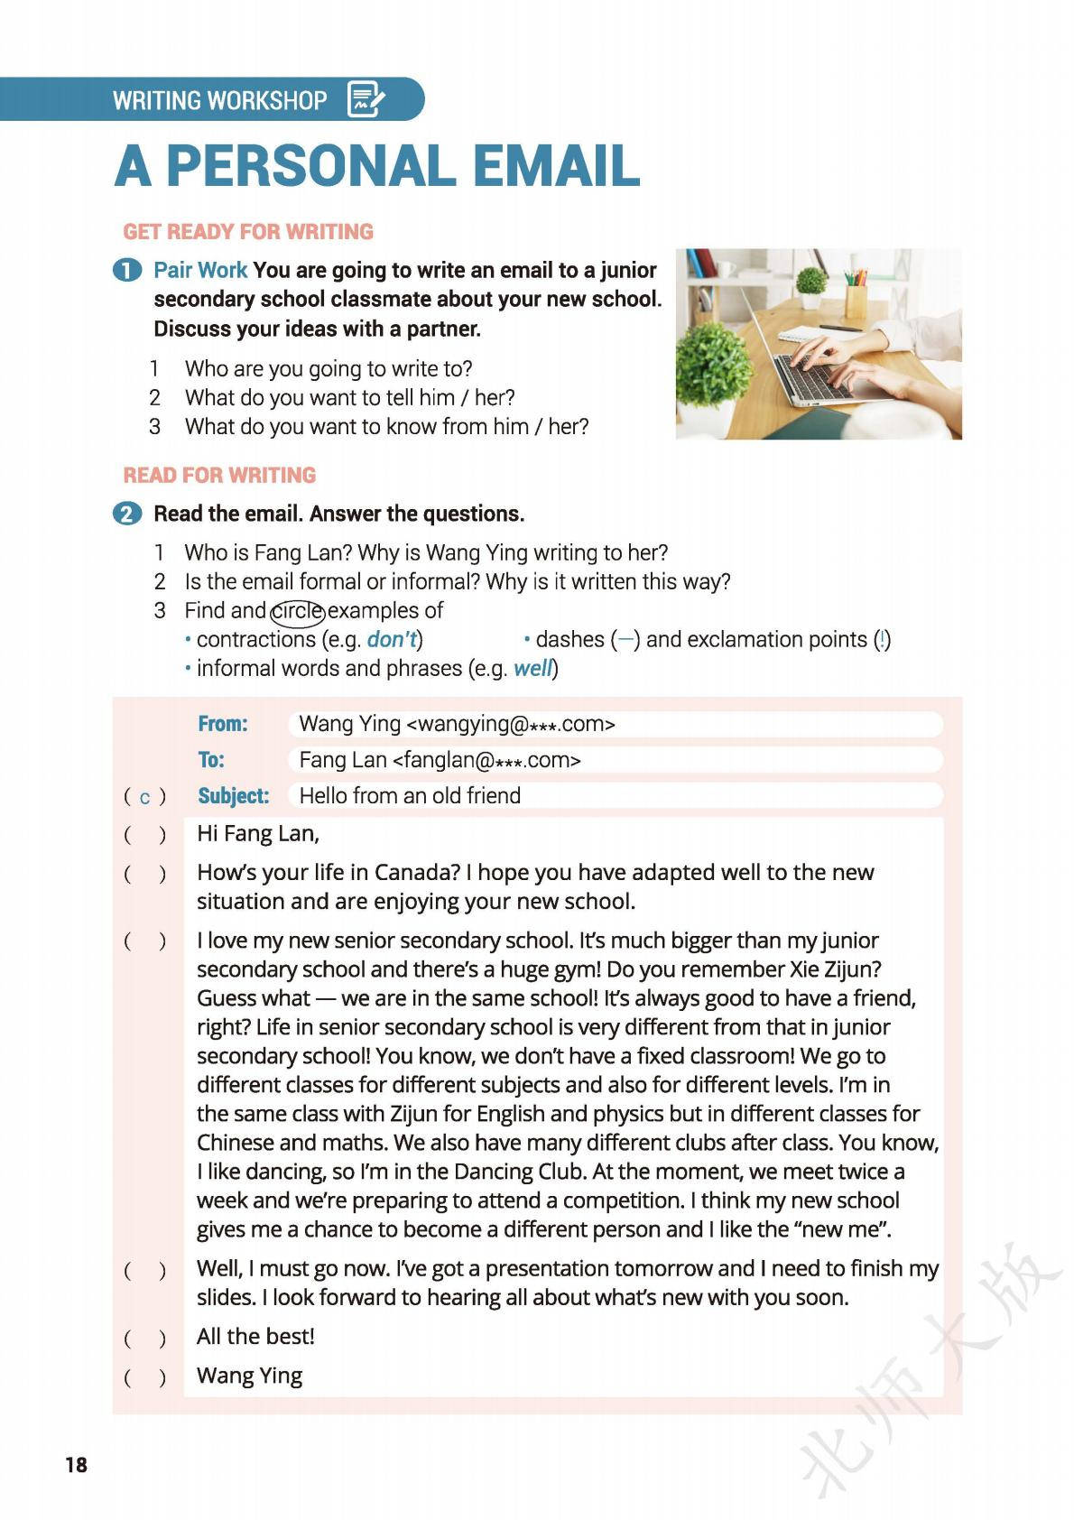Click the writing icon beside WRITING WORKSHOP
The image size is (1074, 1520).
[366, 99]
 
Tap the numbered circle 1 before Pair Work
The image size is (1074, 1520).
[127, 271]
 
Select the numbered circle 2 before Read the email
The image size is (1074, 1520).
[127, 514]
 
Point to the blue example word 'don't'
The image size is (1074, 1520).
[392, 640]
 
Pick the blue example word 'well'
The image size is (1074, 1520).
[532, 669]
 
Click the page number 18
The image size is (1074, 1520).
[76, 1464]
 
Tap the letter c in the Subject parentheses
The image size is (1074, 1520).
[144, 797]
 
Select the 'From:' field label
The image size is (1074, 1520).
[223, 724]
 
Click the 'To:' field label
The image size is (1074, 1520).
[211, 760]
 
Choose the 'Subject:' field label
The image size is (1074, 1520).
[234, 796]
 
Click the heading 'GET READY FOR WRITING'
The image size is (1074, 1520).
[248, 232]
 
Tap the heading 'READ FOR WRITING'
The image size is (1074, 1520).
[219, 476]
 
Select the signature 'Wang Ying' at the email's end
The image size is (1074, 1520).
[249, 1376]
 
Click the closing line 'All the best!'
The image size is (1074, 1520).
[255, 1337]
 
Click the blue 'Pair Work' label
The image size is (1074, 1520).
[200, 271]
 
